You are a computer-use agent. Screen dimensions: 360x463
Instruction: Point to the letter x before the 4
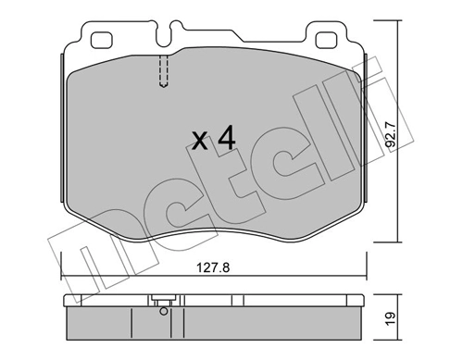pyautogui.click(x=197, y=143)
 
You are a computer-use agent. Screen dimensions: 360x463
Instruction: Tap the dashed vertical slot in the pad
pyautogui.click(x=163, y=70)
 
